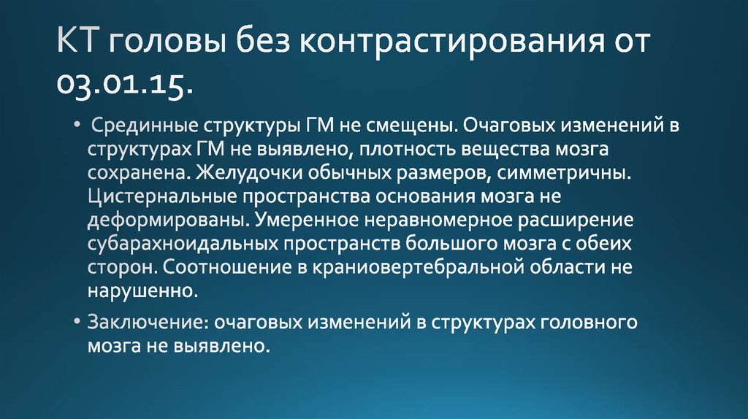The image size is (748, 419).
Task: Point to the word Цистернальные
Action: click(156, 198)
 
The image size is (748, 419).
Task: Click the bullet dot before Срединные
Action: click(78, 126)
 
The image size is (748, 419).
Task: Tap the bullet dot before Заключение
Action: click(78, 320)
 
